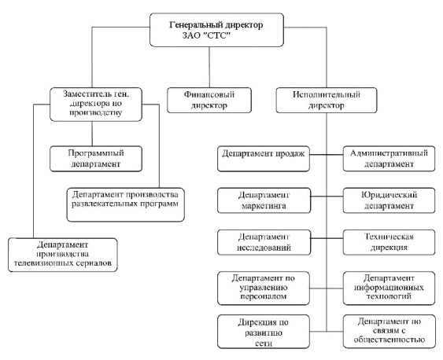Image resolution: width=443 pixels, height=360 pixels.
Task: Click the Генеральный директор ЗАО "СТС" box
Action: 216,30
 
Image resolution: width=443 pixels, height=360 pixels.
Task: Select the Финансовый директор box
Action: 209,100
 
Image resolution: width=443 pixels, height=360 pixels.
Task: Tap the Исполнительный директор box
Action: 327,100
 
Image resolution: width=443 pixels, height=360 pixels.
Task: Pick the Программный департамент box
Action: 96,159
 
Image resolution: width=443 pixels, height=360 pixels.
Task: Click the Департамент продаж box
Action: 264,159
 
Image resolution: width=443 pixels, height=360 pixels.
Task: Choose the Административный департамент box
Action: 389,159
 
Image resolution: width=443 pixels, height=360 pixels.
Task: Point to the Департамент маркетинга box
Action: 264,200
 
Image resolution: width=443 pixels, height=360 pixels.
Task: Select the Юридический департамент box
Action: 389,200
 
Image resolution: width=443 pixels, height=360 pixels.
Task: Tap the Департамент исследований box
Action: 264,242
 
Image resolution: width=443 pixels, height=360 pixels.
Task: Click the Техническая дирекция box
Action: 389,242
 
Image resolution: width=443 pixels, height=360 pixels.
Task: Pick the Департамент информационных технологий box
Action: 389,288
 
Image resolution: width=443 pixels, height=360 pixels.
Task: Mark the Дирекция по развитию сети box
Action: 264,332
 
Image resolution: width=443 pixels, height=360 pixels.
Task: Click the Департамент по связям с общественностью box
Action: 389,332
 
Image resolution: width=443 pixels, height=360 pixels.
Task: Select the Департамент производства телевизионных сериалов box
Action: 63,255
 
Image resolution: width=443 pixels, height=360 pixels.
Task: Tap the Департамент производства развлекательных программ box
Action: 126,204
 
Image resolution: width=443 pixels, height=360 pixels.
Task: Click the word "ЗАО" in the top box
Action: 190,36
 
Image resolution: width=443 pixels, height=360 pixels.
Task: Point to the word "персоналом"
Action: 264,296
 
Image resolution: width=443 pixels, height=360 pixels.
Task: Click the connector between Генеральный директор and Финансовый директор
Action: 209,67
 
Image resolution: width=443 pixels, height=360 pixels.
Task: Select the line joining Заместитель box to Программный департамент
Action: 92,134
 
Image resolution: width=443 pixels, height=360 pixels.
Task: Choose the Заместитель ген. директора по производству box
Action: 96,105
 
